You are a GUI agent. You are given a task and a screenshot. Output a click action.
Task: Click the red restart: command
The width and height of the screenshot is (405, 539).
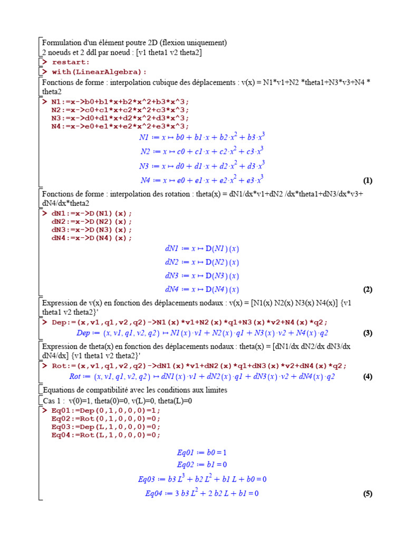tap(71, 62)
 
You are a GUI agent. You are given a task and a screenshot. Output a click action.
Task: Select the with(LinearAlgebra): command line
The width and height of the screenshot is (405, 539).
tap(99, 72)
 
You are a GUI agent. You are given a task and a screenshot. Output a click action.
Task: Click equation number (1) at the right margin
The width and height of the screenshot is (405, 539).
tap(368, 181)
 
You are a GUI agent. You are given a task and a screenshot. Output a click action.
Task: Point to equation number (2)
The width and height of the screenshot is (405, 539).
tap(368, 290)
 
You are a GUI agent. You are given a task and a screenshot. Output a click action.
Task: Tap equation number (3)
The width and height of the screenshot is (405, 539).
tap(368, 333)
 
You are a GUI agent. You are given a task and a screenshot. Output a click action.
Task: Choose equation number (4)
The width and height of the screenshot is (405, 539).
tap(368, 376)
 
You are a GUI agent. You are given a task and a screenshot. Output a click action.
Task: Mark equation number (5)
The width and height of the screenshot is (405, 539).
tap(368, 494)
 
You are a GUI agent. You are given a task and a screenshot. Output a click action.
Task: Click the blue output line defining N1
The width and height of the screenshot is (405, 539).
tap(202, 137)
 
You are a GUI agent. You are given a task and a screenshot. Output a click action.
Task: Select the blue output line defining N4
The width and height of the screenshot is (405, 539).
tap(202, 180)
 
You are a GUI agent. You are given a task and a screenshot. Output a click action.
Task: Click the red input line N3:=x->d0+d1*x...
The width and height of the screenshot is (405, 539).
tap(120, 118)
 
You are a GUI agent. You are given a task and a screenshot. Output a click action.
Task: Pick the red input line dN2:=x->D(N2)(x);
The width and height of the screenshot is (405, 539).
tap(91, 222)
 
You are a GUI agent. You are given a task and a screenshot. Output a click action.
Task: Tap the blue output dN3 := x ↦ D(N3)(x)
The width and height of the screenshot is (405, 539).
tap(202, 276)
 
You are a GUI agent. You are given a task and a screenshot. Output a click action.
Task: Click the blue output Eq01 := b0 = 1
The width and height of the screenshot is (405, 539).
tap(202, 452)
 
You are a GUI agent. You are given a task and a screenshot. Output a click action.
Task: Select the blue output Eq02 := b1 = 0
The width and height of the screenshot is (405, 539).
tap(202, 464)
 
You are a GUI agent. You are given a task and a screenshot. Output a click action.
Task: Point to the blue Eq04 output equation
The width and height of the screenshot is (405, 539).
tap(202, 493)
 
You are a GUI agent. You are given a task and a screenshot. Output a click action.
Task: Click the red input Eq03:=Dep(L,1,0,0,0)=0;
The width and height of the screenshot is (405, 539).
tap(105, 426)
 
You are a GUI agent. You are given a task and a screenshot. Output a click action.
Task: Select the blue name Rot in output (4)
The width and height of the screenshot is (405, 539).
tap(75, 376)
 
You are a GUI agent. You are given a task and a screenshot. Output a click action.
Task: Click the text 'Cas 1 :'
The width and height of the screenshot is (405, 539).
tap(54, 401)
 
